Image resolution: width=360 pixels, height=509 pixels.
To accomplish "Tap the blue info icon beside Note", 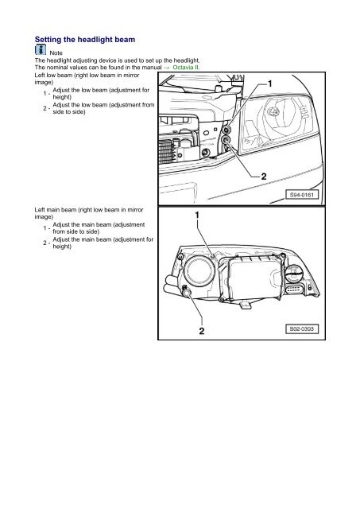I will [x=41, y=51].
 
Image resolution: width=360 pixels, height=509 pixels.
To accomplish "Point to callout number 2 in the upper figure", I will [x=263, y=175].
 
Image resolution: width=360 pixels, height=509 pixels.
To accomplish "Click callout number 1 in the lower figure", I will [x=197, y=216].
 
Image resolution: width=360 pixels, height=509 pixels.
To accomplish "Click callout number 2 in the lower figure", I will [x=202, y=330].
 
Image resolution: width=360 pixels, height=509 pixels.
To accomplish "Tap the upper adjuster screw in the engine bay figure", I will [x=226, y=128].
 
